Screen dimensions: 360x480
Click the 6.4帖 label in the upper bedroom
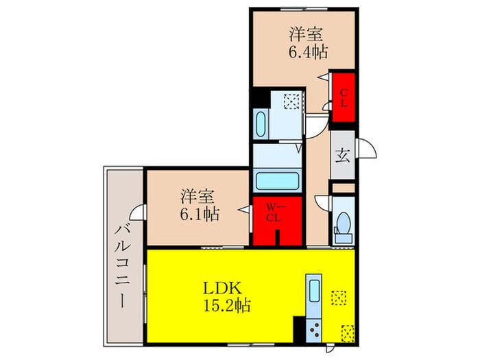[307, 51]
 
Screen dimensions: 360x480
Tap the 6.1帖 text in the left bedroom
[200, 214]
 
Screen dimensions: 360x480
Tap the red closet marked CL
[343, 98]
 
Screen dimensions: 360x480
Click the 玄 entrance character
[342, 155]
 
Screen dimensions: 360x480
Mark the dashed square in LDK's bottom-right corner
[347, 333]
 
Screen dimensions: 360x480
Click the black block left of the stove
[299, 328]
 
